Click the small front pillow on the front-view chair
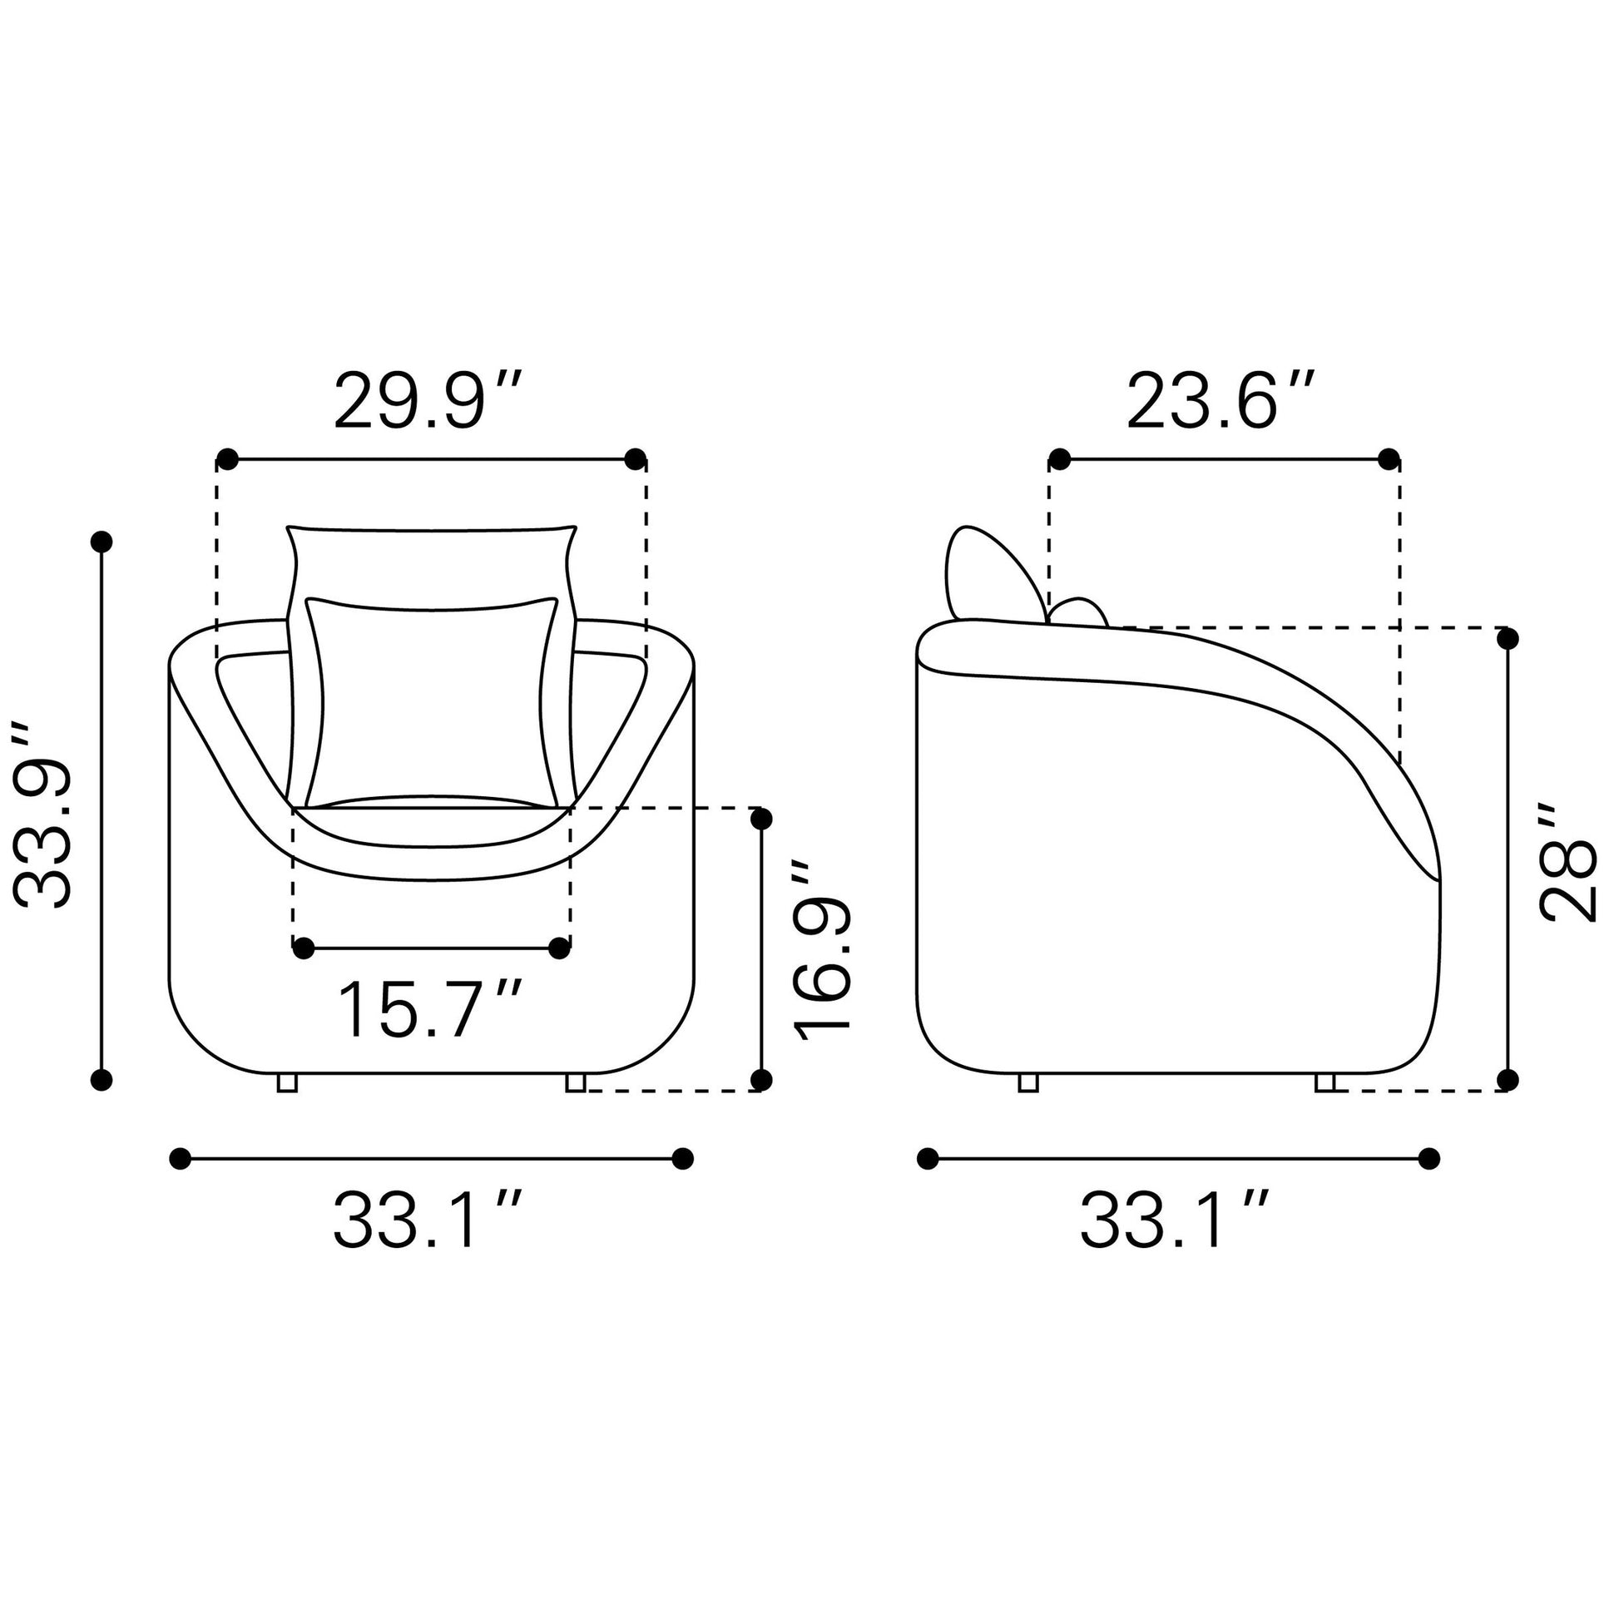click(x=432, y=704)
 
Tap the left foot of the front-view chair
click(x=286, y=1082)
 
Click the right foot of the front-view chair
click(x=575, y=1082)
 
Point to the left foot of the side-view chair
click(x=1028, y=1082)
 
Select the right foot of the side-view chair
click(x=1324, y=1082)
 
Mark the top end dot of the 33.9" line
click(x=101, y=542)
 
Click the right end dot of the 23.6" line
click(x=1389, y=459)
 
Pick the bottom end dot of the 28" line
click(x=1508, y=1079)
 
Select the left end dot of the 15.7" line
click(x=304, y=948)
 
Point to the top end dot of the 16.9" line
click(x=761, y=819)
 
